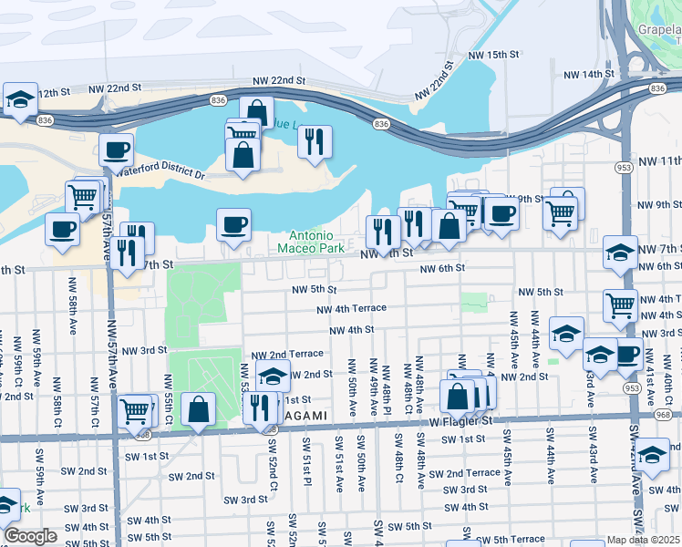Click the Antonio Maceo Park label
pos(311,241)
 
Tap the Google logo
pos(30,536)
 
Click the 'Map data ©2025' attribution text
pos(644,540)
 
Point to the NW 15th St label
pos(492,56)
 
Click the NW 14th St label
pos(589,74)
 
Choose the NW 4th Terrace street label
pos(351,309)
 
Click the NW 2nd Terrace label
pos(287,354)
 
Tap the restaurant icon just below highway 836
pos(315,140)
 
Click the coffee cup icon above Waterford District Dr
pos(116,149)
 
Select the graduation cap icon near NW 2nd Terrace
pos(273,375)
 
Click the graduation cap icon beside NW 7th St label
pos(620,251)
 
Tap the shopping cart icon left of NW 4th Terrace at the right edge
pos(621,304)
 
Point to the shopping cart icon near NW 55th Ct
pos(135,409)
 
